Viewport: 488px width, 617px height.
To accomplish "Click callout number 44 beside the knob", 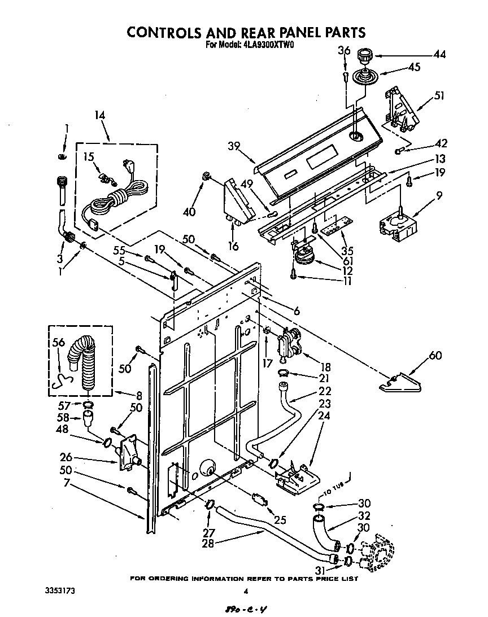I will click(439, 55).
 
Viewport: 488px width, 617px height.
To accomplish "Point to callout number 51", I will click(439, 96).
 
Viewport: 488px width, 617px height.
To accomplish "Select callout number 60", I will click(435, 355).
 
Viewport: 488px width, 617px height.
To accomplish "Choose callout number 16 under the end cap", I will click(233, 246).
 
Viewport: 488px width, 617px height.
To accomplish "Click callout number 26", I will click(66, 457).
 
